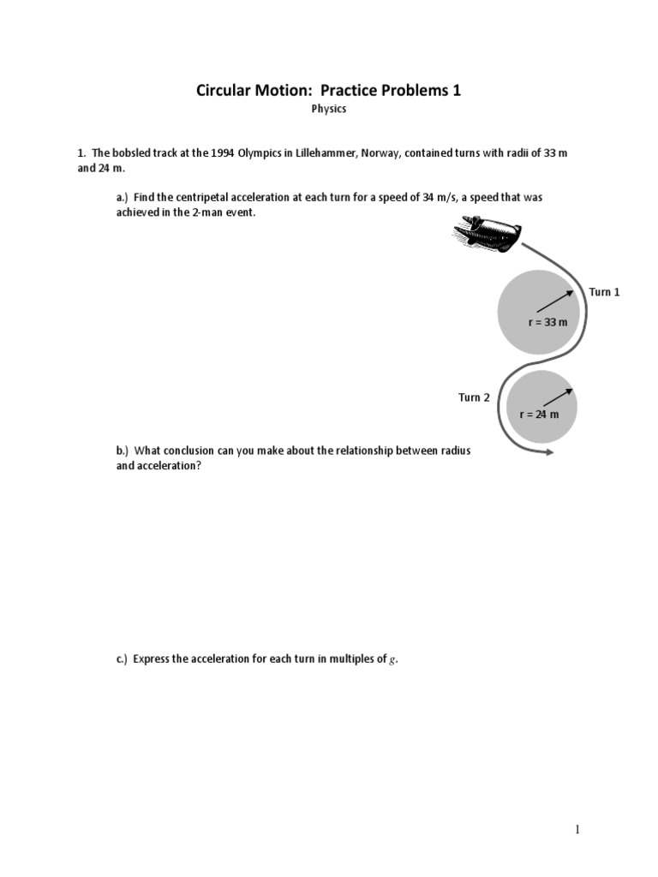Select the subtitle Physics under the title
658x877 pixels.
(328, 110)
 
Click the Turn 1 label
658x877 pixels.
(604, 292)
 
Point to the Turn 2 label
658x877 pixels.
(474, 397)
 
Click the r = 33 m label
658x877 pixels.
(547, 323)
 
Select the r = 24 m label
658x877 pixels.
(539, 415)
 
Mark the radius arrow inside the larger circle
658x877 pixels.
(555, 299)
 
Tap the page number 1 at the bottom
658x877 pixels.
(577, 829)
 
